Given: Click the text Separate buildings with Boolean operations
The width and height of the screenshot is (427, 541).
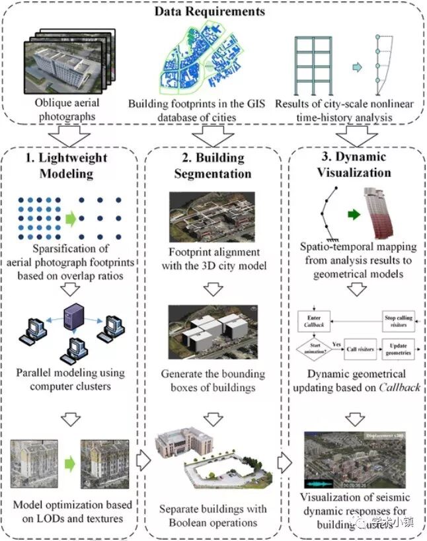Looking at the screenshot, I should pos(212,516).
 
